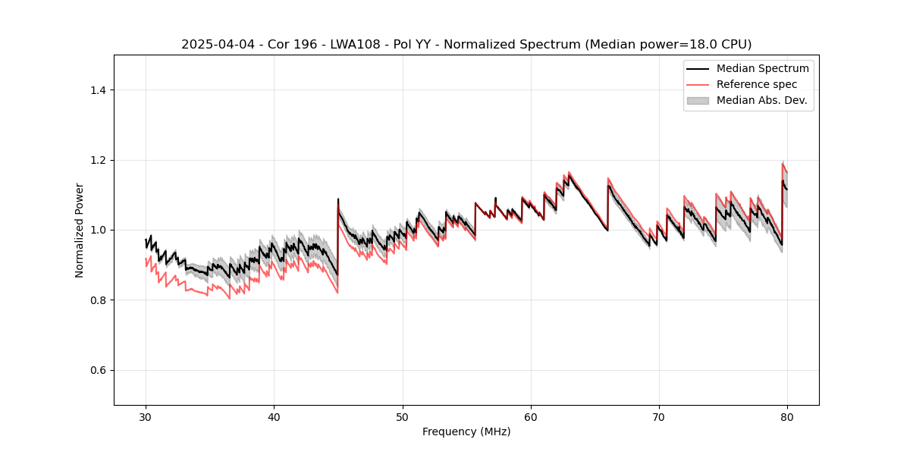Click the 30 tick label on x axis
[x=146, y=417]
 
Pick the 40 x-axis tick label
[x=275, y=417]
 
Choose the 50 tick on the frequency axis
[x=403, y=417]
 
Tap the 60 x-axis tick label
[x=531, y=417]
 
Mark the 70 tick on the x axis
[x=659, y=417]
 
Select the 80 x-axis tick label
[x=787, y=417]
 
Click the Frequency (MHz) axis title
[x=466, y=431]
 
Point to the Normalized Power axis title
[x=80, y=230]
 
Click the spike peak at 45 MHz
[x=338, y=199]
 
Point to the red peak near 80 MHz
[x=783, y=163]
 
